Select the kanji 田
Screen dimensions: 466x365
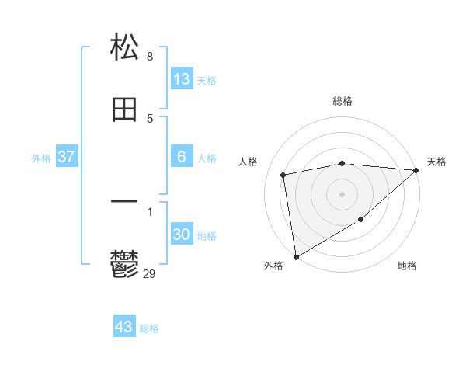[125, 109]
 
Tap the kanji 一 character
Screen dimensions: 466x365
[125, 200]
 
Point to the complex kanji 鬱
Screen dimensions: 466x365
[125, 264]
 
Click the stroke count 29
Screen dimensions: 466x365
[150, 273]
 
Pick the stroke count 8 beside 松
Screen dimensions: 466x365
[150, 56]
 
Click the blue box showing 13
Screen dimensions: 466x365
[181, 79]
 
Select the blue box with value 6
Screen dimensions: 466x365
[181, 157]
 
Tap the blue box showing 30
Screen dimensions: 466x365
[181, 235]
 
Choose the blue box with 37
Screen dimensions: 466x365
[67, 157]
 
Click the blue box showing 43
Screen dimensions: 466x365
[124, 327]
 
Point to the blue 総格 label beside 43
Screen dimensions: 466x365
[149, 328]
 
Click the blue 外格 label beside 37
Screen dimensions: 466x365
[41, 158]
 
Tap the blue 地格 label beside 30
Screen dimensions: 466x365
[207, 235]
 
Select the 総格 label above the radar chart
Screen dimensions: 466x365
[343, 102]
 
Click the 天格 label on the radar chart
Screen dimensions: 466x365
[436, 162]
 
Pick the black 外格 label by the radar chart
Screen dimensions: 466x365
[273, 266]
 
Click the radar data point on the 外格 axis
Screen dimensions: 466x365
[296, 256]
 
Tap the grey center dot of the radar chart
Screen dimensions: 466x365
[343, 193]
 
